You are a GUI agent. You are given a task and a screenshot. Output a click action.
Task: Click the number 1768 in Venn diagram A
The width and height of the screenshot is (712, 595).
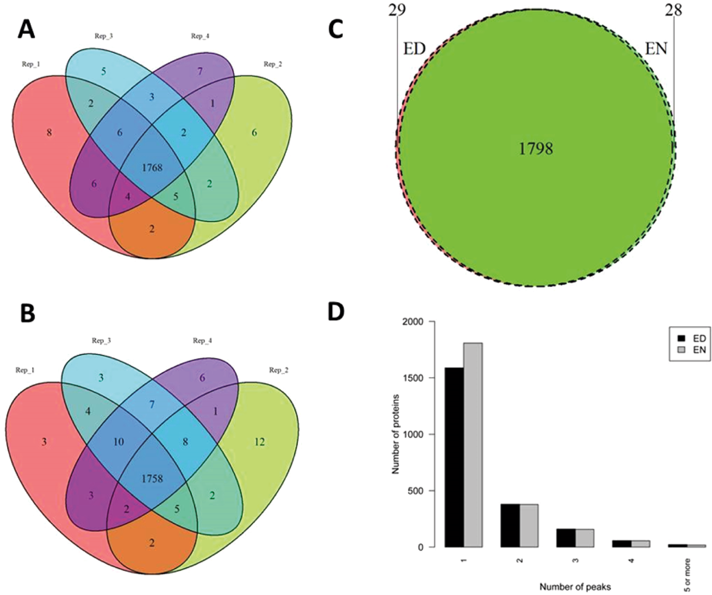tap(152, 167)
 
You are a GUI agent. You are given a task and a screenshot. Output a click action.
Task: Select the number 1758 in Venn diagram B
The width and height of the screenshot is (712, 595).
tap(151, 478)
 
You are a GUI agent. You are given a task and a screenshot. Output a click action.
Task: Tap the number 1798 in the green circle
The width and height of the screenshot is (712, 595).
tap(536, 149)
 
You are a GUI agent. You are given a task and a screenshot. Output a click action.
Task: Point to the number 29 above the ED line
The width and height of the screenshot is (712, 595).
tap(397, 10)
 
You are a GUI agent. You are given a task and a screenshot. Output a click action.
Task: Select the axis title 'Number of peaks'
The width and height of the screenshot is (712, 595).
tap(575, 587)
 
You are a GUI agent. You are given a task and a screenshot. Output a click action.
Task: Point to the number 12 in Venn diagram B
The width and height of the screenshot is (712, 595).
tap(259, 442)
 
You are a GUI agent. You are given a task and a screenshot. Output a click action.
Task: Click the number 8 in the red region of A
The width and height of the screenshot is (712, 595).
tap(49, 133)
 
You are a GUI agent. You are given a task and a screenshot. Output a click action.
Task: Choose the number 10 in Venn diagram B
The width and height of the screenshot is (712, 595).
tap(118, 442)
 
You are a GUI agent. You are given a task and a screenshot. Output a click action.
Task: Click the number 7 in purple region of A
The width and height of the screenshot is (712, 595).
tap(200, 71)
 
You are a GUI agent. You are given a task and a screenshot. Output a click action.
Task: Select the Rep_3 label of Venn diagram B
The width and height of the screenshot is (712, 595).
tap(101, 341)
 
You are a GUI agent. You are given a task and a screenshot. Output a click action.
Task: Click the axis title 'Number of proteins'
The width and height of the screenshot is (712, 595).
tap(395, 434)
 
